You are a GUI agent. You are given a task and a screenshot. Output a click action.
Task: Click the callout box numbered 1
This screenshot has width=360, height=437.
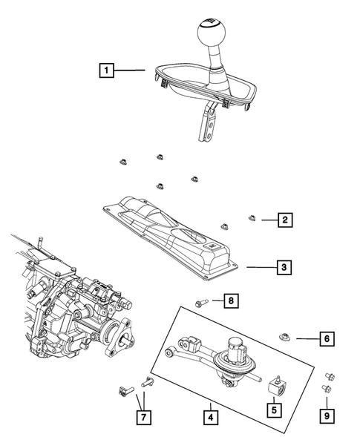pos(107,71)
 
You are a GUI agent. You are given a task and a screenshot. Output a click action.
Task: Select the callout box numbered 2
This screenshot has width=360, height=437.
pos(284,219)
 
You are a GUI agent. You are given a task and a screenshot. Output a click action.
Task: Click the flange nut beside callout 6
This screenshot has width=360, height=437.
pos(285,338)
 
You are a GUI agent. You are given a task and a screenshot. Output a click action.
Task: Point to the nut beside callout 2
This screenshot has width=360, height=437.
pos(252,218)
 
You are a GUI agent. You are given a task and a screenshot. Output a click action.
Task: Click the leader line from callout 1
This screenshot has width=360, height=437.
pos(131,71)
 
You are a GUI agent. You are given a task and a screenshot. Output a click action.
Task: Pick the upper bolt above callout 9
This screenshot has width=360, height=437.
pos(329,375)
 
